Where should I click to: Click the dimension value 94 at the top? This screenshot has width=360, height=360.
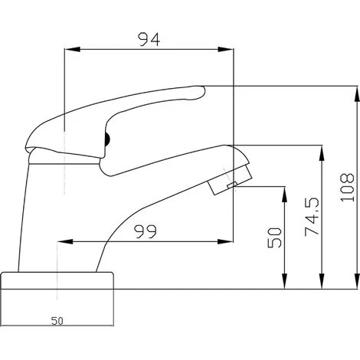coord(149,40)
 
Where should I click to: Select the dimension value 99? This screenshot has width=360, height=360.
coord(146,231)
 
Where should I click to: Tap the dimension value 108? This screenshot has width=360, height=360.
coord(348,188)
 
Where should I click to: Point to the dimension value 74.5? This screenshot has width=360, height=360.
coord(312,217)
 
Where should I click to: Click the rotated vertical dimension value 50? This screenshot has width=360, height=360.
coord(274,237)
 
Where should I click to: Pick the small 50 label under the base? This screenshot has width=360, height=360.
coord(57,321)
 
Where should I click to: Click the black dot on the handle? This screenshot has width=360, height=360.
coord(107,140)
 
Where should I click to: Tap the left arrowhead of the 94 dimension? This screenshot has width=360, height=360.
coord(73,50)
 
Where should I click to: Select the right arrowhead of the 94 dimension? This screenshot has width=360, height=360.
coord(225,50)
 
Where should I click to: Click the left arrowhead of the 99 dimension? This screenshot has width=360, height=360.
coord(65,241)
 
